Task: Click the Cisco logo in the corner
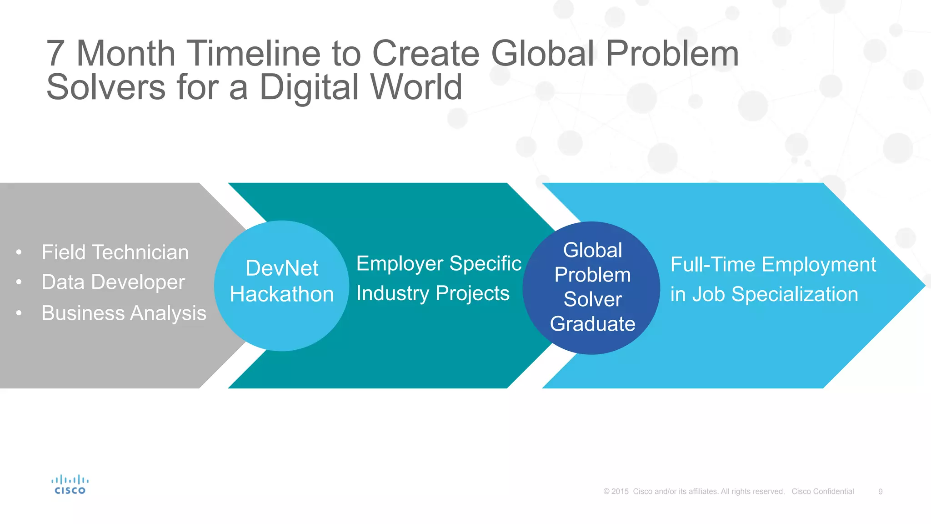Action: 70,485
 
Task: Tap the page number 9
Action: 880,492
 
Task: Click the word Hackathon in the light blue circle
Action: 282,294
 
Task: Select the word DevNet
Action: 282,268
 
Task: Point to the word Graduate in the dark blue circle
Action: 592,324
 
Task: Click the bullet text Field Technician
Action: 115,252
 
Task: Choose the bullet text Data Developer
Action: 113,282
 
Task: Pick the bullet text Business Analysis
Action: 124,313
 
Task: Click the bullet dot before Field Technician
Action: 19,252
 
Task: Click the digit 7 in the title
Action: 55,54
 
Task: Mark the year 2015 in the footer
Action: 620,492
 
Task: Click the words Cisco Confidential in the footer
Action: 822,492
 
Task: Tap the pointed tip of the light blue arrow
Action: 923,286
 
